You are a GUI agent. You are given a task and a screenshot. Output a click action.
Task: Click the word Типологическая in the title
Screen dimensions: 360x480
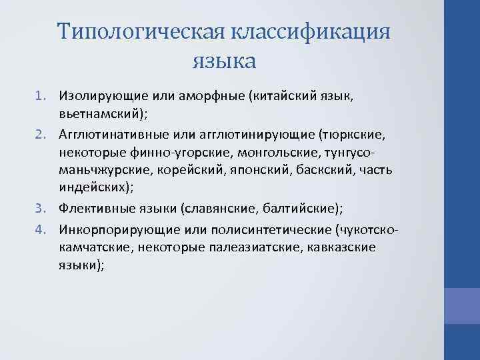(x=140, y=33)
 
